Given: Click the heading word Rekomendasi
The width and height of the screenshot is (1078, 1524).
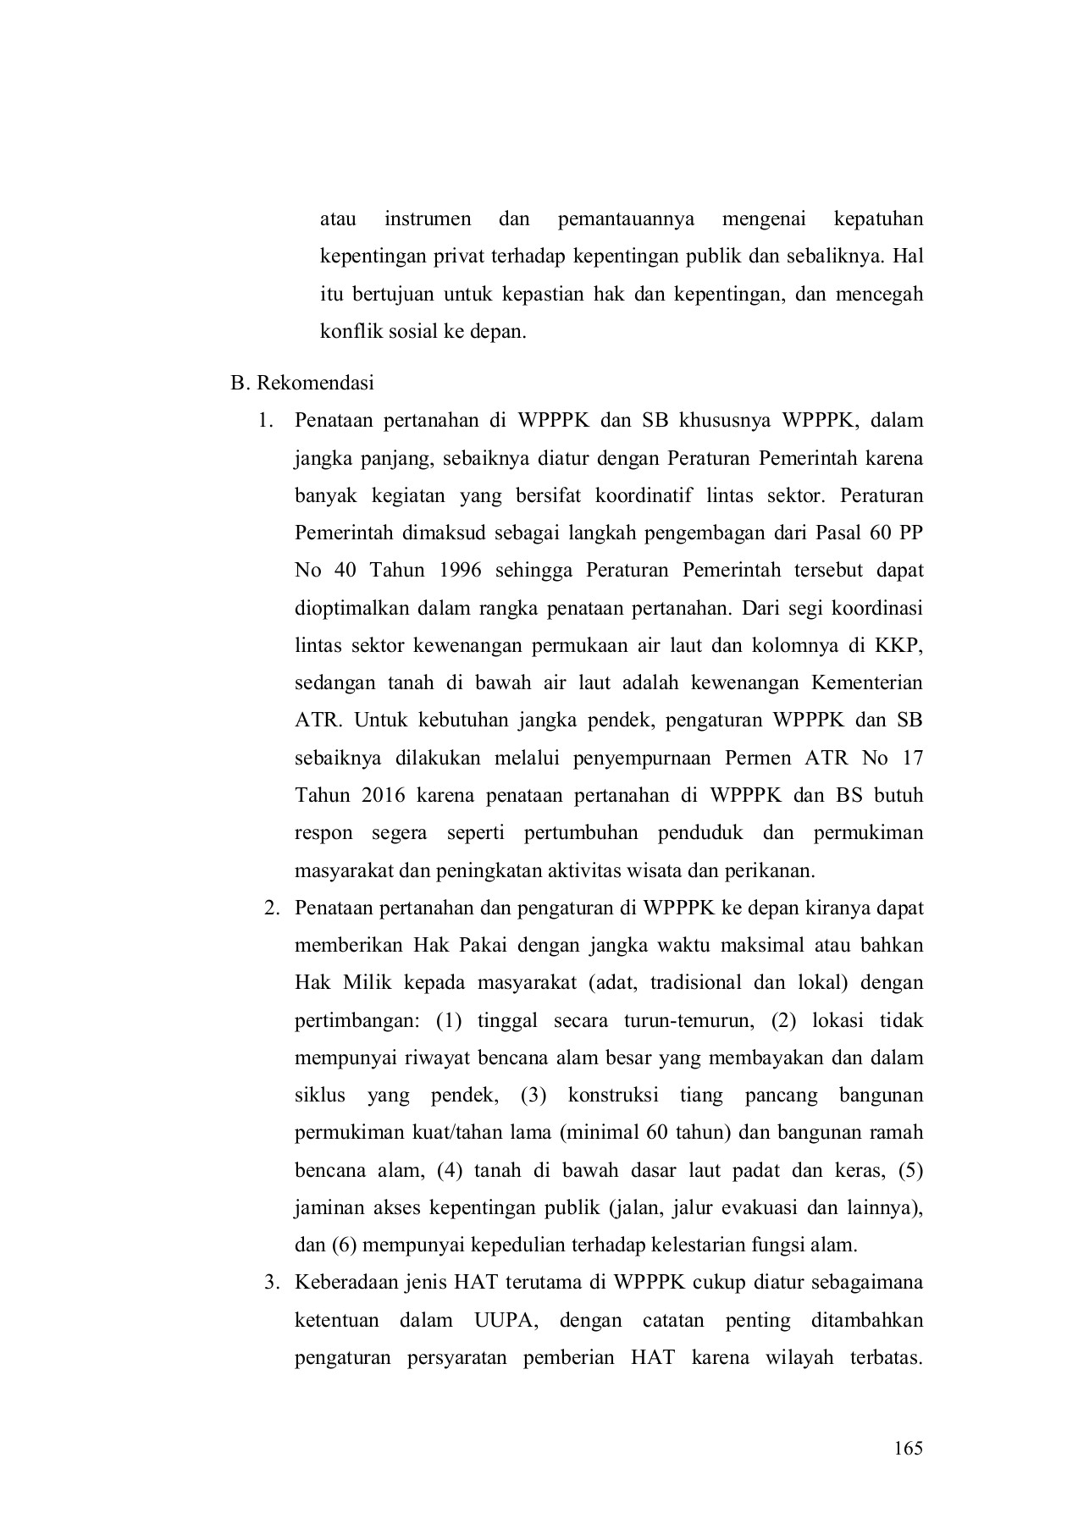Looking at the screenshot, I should point(315,383).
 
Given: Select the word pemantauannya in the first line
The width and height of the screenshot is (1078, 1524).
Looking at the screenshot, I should point(626,219).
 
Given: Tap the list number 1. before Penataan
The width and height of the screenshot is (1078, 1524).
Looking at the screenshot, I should point(268,421).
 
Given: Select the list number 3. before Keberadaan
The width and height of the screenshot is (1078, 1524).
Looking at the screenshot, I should point(271,1283).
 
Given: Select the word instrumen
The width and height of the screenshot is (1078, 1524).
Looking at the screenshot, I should point(428,219).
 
